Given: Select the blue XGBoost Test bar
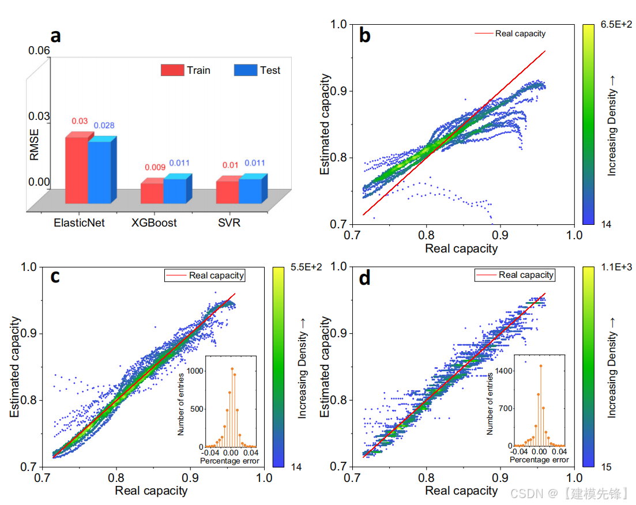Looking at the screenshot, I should coord(175,190).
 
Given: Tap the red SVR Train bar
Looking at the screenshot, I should coord(227,192).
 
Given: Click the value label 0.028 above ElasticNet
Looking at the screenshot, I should coord(104,126).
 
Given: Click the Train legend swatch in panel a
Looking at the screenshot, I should coord(172,70).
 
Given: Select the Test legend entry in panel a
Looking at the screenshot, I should coord(258,70).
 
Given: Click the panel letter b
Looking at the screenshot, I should coord(364,36).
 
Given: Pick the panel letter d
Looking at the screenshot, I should coord(364,279).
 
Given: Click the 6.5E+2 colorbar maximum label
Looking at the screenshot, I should coord(617,25).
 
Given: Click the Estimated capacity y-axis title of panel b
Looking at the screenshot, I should coord(326,125).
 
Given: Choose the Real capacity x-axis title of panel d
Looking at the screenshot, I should coord(461,491).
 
